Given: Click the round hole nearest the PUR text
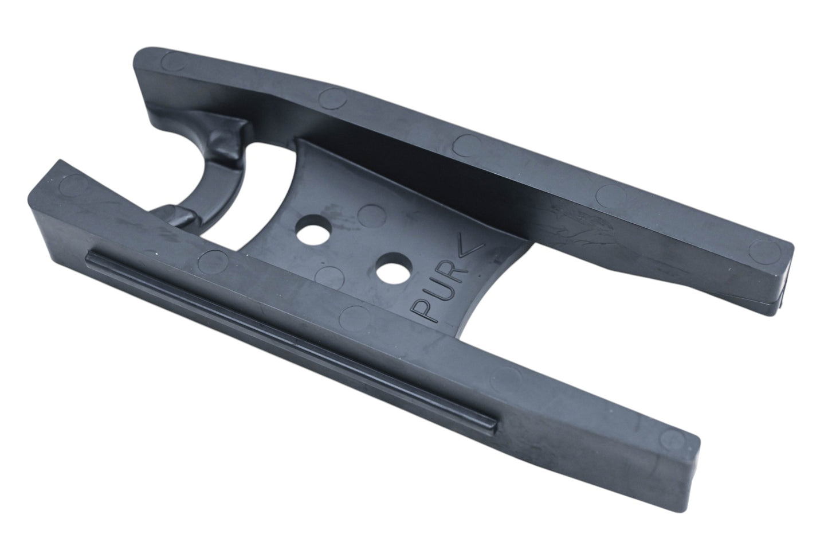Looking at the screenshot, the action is pos(394,268).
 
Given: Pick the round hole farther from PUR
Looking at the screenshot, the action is pos(314,229).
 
